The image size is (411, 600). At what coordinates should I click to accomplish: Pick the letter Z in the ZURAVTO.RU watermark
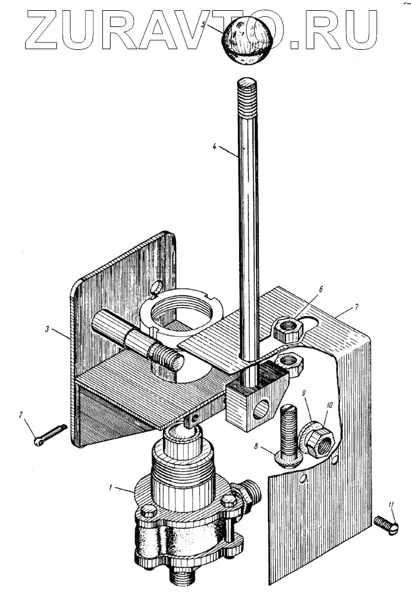[x=38, y=30]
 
